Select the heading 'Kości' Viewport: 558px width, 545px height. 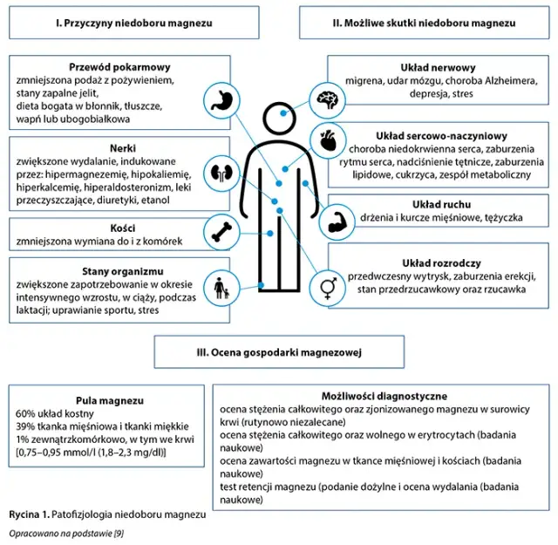pos(107,223)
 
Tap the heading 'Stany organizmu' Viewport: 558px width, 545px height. pos(106,270)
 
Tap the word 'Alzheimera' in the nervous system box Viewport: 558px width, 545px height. pos(493,80)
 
